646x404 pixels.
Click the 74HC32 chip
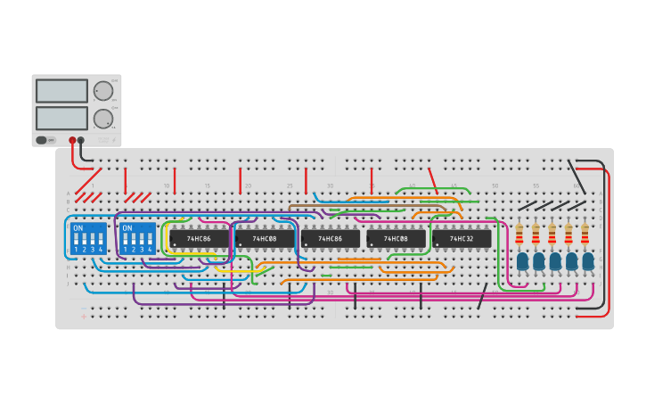point(462,239)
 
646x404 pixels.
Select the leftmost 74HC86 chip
point(199,239)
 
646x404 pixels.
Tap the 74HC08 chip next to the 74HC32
point(396,239)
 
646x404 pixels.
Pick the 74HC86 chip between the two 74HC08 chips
point(330,239)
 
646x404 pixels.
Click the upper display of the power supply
point(61,91)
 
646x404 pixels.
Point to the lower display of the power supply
point(61,119)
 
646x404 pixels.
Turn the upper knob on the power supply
point(103,91)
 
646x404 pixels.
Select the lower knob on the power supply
point(103,119)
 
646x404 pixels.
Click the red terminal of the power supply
point(73,140)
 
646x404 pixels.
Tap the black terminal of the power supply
point(81,140)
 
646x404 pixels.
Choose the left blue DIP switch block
point(88,238)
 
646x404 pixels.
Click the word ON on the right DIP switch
point(127,228)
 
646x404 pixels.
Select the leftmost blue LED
point(522,261)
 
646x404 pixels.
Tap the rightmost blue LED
point(588,261)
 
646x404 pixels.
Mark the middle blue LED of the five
point(555,261)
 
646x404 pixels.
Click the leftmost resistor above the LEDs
point(519,234)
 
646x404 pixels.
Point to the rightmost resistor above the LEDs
point(585,234)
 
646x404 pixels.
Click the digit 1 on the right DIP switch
point(125,250)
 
